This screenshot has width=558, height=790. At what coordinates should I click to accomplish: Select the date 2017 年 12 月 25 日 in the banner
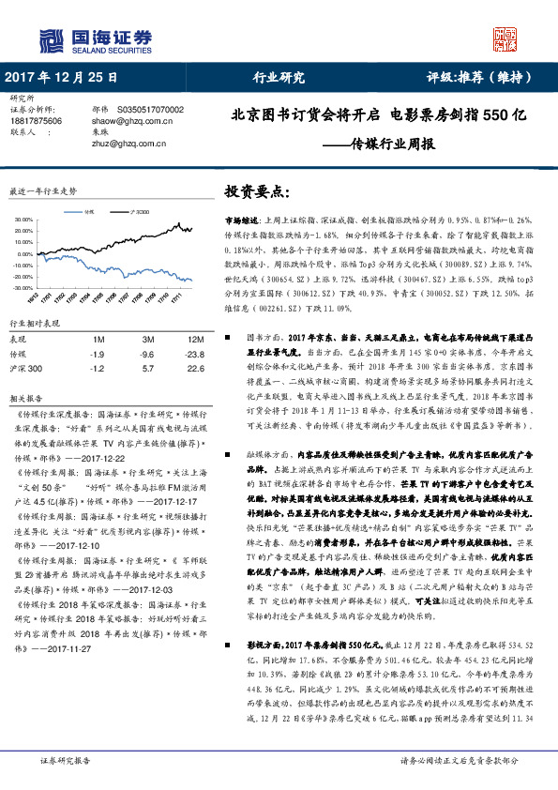click(63, 78)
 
